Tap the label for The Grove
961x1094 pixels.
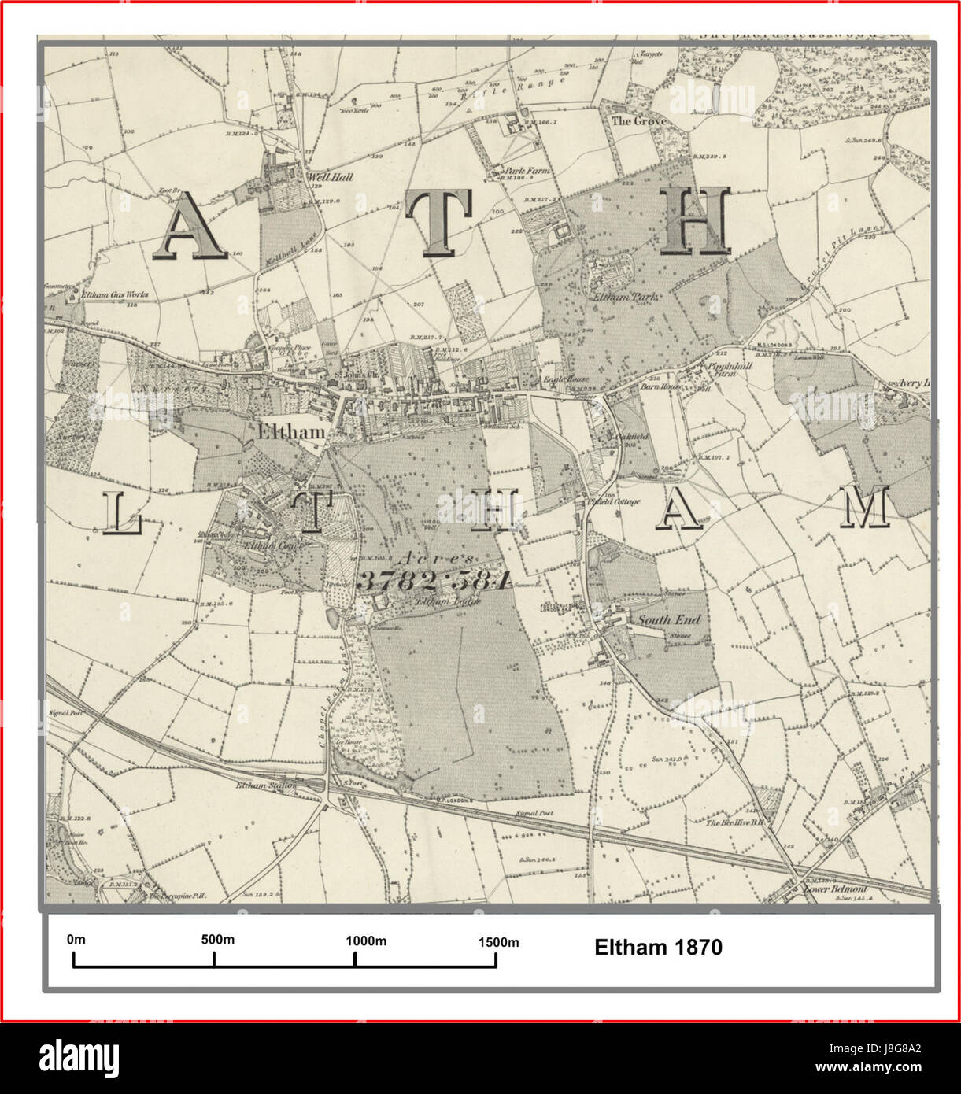(638, 121)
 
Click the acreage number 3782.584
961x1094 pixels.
(434, 580)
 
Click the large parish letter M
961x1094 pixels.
(863, 508)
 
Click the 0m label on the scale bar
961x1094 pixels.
(76, 940)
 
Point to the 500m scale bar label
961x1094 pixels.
(217, 940)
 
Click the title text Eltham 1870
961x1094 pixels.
(658, 947)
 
